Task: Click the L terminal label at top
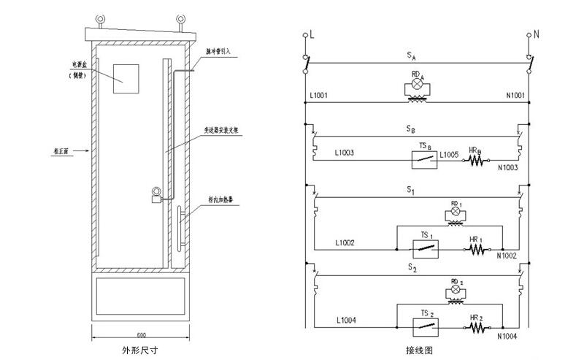[x=312, y=34]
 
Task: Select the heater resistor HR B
[x=478, y=160]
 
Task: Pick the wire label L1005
[x=450, y=155]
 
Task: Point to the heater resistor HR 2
[x=478, y=329]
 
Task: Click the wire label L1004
[x=347, y=320]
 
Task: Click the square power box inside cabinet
[x=126, y=78]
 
